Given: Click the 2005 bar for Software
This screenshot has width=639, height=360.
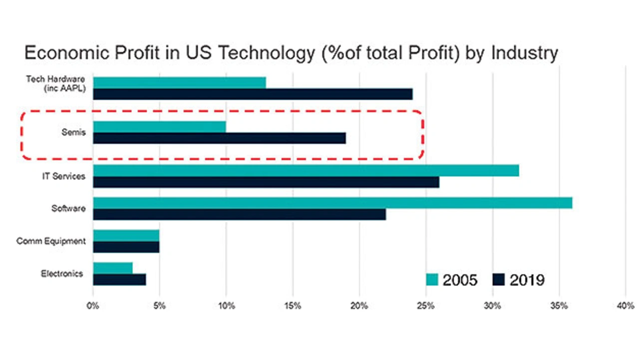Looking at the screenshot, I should point(332,203).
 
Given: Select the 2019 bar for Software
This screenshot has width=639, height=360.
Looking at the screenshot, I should point(240,214).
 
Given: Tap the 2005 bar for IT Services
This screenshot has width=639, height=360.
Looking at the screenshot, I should point(306,171).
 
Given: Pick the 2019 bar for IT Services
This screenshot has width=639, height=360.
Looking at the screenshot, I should point(266,182).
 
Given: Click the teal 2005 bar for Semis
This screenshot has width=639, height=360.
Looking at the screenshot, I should point(159,127).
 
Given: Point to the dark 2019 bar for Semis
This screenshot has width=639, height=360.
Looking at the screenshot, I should point(219,138).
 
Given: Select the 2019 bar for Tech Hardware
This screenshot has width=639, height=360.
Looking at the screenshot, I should point(253,94).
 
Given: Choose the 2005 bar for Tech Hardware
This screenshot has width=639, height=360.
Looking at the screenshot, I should point(179,82).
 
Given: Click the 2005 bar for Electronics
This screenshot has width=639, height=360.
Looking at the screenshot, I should point(113,268).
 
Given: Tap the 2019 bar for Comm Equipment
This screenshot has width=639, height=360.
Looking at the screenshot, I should point(126,247).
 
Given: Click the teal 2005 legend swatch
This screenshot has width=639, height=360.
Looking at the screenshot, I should point(432,280).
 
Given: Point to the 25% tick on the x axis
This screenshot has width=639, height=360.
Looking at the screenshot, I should point(426,306).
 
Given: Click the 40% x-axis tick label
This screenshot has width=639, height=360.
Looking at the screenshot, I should point(626,306).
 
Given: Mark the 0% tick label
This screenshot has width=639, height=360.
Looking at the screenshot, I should point(93,306).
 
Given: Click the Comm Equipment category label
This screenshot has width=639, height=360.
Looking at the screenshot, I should point(51,241).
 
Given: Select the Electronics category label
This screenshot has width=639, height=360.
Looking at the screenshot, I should point(62,274).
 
